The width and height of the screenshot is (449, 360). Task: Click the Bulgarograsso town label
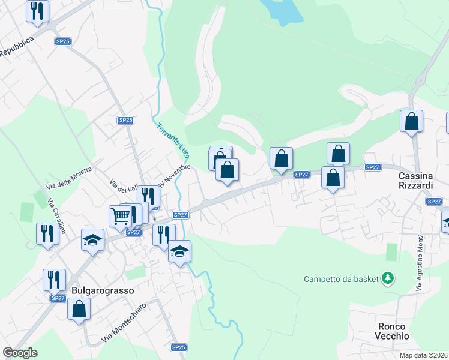[102, 289]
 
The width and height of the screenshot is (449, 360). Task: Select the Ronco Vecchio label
[393, 331]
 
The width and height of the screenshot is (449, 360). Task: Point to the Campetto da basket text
[342, 278]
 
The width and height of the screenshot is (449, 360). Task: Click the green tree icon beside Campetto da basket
[389, 278]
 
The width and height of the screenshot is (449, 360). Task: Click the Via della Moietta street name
[70, 178]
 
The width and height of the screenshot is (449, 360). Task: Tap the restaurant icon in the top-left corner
[37, 10]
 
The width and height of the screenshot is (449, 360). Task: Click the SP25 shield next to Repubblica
[62, 41]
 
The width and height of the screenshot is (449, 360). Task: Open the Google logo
[20, 353]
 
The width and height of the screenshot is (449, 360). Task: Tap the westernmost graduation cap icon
[92, 240]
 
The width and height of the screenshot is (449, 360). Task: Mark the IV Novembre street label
[174, 172]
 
